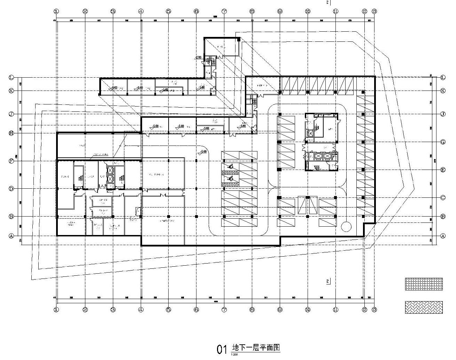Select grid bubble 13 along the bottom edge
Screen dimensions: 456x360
pos(374,309)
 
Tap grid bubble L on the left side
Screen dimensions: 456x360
pos(11,77)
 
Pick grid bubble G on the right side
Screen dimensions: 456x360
pos(443,142)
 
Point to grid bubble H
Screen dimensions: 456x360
pos(11,133)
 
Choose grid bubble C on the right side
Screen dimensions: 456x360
pos(443,197)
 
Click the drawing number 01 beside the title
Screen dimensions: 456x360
pos(222,350)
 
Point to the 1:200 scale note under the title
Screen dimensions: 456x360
pos(234,355)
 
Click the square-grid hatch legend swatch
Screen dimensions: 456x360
pos(424,284)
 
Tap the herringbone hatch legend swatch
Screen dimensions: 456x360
pos(424,307)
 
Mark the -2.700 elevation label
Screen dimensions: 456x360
pos(199,57)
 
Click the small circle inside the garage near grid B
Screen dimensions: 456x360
pos(346,227)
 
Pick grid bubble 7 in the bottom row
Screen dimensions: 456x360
pos(224,309)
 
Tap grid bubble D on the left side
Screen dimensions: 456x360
pos(11,189)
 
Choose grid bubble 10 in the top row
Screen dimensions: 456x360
pos(308,11)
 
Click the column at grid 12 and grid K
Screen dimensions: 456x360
pos(363,92)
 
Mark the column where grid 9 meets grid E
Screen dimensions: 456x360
pos(279,169)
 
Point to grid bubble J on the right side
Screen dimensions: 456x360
pos(443,114)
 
